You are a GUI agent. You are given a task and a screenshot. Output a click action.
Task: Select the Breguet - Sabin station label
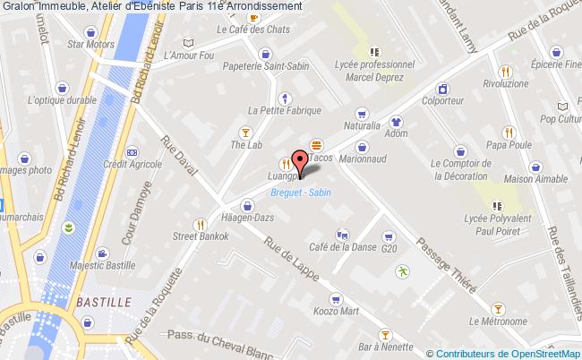300,193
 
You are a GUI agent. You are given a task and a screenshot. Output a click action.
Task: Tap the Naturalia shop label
362,127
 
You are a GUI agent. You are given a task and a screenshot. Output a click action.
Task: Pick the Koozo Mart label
338,312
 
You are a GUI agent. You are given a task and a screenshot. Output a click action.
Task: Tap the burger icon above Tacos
316,145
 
